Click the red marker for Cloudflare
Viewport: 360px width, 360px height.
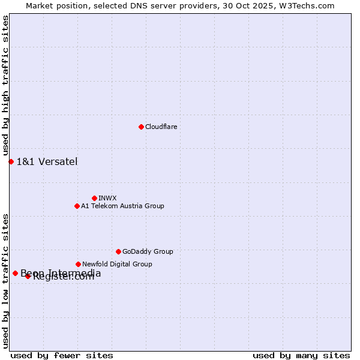[x=141, y=127]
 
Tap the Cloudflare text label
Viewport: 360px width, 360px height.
[x=161, y=127]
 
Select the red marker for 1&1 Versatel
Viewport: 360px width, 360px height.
[x=11, y=161]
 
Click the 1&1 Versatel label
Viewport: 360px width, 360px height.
[x=47, y=161]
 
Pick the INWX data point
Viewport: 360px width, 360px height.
[x=94, y=198]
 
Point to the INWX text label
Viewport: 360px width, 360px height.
[x=107, y=198]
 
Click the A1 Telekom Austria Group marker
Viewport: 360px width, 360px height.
[x=77, y=206]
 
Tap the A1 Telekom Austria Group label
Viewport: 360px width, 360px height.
[x=122, y=206]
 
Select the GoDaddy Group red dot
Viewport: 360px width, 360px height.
[x=118, y=251]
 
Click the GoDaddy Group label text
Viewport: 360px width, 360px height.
[x=148, y=252]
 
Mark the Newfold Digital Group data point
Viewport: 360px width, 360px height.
[x=78, y=264]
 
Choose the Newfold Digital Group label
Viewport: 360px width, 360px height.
[x=117, y=264]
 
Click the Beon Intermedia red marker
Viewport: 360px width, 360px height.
[x=15, y=273]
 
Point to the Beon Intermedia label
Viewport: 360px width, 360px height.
[x=61, y=273]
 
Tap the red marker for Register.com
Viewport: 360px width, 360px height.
[x=28, y=276]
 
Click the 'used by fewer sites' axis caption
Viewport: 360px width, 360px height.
[x=62, y=355]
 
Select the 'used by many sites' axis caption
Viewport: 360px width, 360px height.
[x=301, y=355]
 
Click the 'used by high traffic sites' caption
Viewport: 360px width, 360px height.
[x=6, y=86]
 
